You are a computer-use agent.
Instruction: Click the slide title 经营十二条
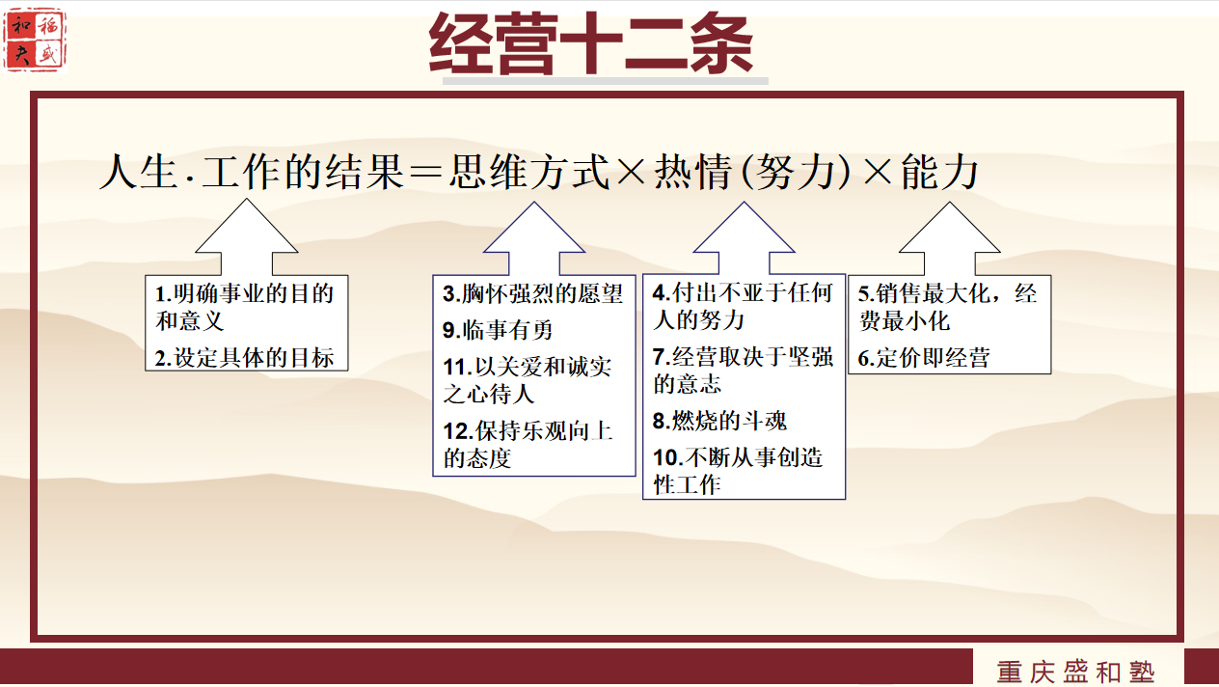pyautogui.click(x=591, y=43)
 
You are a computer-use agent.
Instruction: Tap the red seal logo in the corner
pyautogui.click(x=35, y=41)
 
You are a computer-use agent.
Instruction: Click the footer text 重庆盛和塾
pyautogui.click(x=1075, y=672)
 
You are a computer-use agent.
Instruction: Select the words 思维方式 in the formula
pyautogui.click(x=528, y=172)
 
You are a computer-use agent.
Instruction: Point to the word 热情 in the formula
pyautogui.click(x=692, y=172)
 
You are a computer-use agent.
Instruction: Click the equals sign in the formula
pyautogui.click(x=425, y=173)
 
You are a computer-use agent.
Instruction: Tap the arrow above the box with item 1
pyautogui.click(x=247, y=236)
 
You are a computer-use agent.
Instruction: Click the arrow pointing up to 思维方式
pyautogui.click(x=534, y=238)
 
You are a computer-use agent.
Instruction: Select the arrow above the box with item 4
pyautogui.click(x=744, y=238)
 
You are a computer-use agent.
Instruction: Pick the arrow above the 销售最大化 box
pyautogui.click(x=950, y=238)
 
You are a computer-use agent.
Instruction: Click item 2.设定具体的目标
pyautogui.click(x=244, y=358)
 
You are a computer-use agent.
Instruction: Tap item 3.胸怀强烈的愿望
pyautogui.click(x=532, y=294)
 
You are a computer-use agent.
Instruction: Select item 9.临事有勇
pyautogui.click(x=498, y=330)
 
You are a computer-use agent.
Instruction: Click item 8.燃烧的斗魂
pyautogui.click(x=719, y=421)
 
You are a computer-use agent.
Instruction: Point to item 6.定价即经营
pyautogui.click(x=924, y=358)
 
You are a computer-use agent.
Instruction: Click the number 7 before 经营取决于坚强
pyautogui.click(x=660, y=357)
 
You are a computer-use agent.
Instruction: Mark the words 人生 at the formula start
pyautogui.click(x=139, y=172)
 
